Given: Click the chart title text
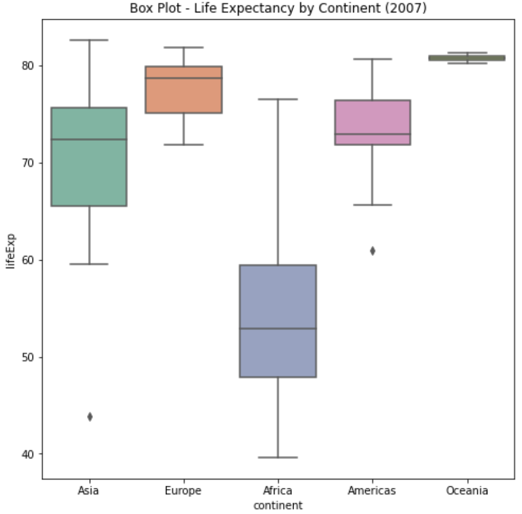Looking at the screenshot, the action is tap(278, 8).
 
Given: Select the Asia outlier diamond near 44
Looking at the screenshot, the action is tap(90, 416).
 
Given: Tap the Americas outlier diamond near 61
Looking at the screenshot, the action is tap(373, 251).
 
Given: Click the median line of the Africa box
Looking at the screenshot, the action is tap(278, 328).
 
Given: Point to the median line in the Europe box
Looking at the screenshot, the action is tap(184, 78).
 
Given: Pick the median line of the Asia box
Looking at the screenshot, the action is tap(89, 139).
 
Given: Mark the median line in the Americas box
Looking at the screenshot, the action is tap(373, 134).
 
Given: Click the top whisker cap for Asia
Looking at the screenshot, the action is tap(89, 40).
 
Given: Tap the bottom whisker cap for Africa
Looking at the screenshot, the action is tap(278, 457).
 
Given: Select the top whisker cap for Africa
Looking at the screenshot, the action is tap(278, 99).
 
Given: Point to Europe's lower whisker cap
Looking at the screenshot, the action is tap(184, 144).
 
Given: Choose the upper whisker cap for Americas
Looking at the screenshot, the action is tap(373, 59).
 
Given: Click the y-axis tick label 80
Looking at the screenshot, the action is tap(28, 66).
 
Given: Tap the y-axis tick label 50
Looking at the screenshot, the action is tap(28, 357).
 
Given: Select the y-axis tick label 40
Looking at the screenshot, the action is tap(28, 454).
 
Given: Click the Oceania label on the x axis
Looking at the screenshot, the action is tap(466, 491).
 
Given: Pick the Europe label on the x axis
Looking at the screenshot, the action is tap(183, 491).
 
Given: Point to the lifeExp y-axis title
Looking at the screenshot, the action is tap(11, 251).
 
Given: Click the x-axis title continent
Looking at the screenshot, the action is tap(278, 505).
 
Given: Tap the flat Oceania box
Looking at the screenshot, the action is tap(466, 58).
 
